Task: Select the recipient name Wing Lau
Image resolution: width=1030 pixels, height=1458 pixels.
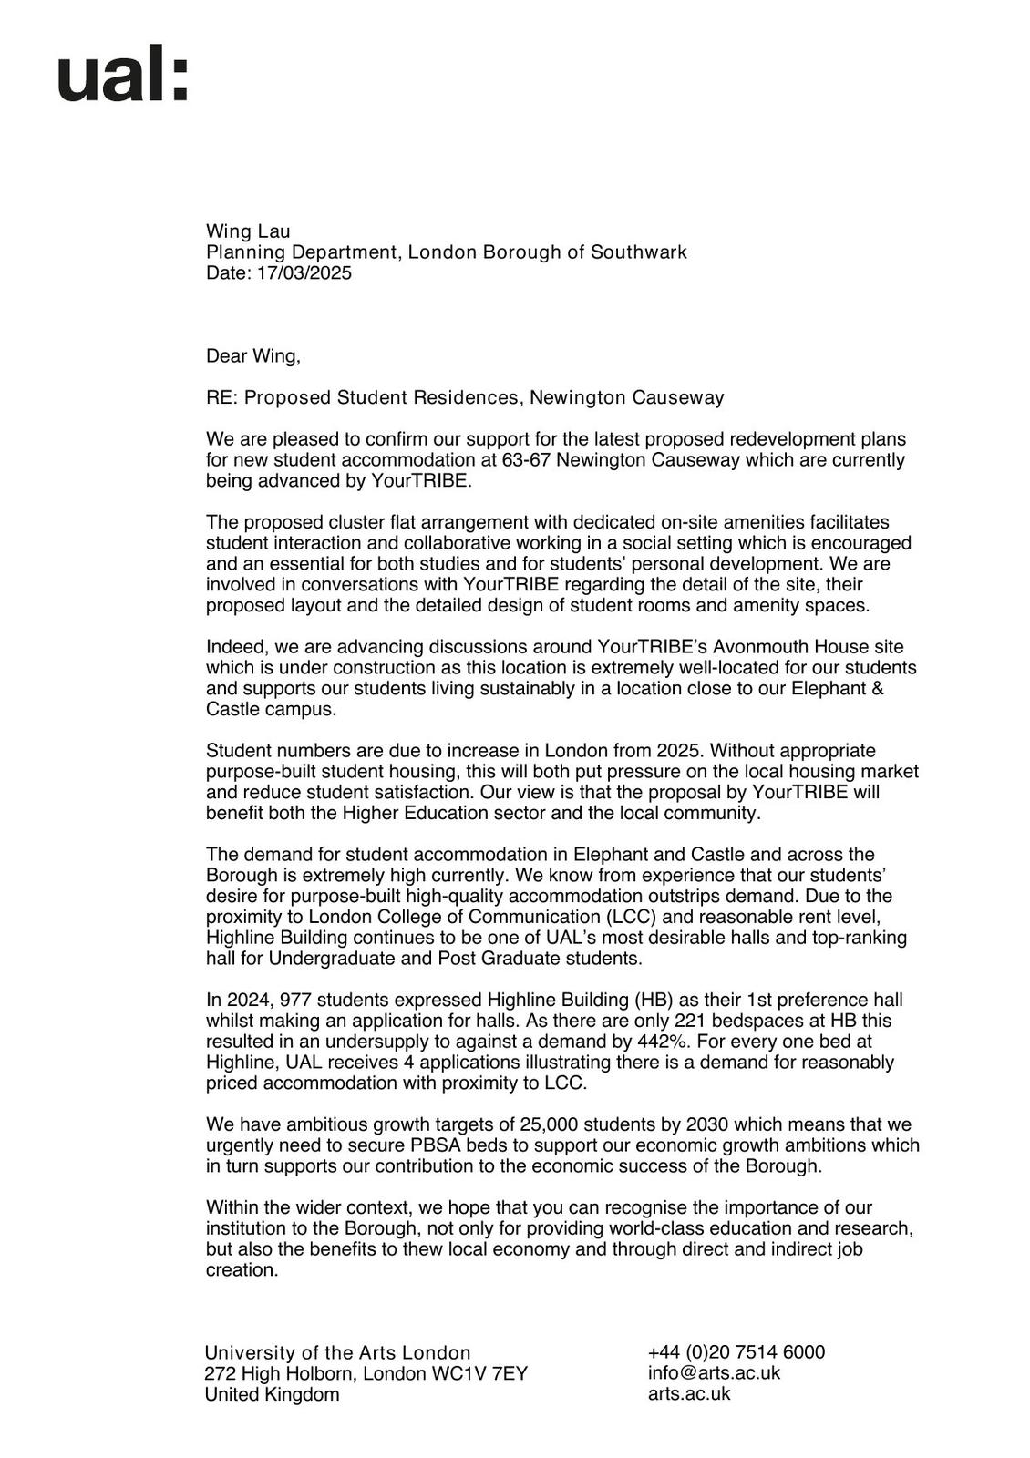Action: click(248, 231)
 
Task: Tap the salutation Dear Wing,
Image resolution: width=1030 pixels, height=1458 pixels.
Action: click(253, 356)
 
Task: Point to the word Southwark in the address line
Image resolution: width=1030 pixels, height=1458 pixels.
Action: click(639, 252)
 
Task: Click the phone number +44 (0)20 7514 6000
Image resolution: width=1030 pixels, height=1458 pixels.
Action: click(736, 1352)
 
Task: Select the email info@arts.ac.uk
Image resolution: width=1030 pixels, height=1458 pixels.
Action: click(714, 1373)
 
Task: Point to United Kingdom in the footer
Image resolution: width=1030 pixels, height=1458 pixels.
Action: click(272, 1395)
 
